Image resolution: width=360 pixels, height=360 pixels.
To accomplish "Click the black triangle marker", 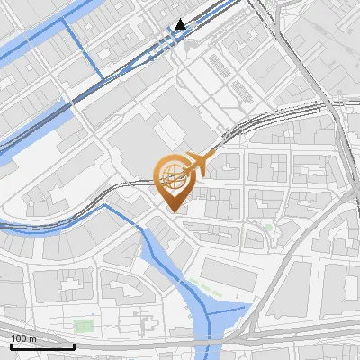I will pyautogui.click(x=182, y=24).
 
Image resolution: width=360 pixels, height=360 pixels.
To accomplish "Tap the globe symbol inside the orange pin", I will pyautogui.click(x=171, y=176).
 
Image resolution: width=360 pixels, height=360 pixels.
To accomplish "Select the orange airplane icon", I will pyautogui.click(x=198, y=165).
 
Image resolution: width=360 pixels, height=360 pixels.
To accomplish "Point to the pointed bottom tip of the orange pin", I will pyautogui.click(x=172, y=211).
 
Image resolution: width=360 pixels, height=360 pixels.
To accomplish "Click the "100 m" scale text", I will pyautogui.click(x=23, y=338).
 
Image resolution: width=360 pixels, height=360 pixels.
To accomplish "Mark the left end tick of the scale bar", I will pyautogui.click(x=11, y=345).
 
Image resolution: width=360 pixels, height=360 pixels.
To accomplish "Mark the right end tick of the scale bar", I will pyautogui.click(x=74, y=345).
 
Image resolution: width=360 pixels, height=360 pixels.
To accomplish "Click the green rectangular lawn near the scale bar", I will pyautogui.click(x=83, y=325).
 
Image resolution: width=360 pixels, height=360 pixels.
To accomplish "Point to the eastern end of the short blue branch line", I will pyautogui.click(x=245, y=307).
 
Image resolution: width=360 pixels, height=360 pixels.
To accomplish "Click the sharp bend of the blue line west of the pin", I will pyautogui.click(x=105, y=206).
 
